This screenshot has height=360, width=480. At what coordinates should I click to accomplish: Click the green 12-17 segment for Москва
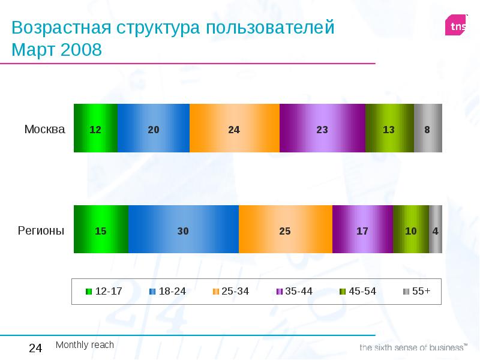click(95, 128)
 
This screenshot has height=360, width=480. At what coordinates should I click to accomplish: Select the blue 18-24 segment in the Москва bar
click(154, 128)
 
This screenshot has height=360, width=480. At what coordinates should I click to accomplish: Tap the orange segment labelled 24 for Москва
click(235, 128)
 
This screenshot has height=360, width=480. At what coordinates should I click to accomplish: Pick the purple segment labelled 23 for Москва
click(322, 128)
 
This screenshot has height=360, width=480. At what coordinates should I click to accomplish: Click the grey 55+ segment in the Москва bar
click(428, 128)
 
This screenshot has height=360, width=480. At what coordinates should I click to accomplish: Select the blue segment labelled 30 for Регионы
click(183, 229)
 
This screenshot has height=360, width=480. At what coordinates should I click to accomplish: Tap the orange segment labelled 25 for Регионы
click(285, 229)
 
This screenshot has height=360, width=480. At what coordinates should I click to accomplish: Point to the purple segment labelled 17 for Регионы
click(362, 229)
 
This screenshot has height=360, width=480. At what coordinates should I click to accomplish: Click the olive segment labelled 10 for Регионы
click(411, 229)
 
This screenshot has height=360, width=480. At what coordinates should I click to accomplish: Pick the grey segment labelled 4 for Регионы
click(436, 229)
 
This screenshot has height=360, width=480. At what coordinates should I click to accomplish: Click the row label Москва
click(44, 129)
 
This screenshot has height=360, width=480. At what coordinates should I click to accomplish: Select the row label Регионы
click(41, 230)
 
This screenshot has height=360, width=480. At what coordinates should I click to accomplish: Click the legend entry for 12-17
click(104, 292)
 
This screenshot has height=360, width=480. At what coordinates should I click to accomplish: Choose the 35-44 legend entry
click(294, 292)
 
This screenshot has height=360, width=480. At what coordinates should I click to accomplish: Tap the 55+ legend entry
click(416, 292)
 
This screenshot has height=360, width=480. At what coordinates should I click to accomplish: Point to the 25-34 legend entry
click(230, 292)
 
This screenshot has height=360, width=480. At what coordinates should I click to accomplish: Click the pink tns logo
click(455, 25)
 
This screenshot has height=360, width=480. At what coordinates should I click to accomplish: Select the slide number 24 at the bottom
click(35, 349)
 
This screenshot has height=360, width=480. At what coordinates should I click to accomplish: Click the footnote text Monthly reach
click(85, 345)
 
